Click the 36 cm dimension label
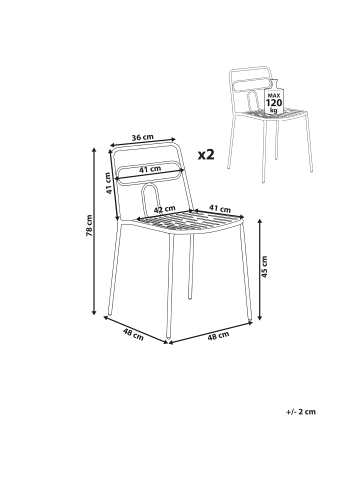(142, 138)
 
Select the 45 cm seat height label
(264, 267)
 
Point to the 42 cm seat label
(164, 210)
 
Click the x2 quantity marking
(206, 154)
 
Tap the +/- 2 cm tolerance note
(301, 412)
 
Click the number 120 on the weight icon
(274, 102)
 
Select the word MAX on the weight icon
(274, 95)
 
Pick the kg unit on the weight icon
(274, 110)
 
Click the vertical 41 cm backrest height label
(108, 184)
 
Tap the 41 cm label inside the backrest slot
(150, 169)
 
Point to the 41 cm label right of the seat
(220, 209)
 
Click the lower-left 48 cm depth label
(133, 334)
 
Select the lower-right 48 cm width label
(219, 336)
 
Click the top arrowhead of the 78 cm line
(94, 150)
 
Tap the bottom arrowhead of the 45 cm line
(260, 317)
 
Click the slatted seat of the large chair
(188, 222)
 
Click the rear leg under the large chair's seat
(190, 266)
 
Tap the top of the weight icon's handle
(274, 80)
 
